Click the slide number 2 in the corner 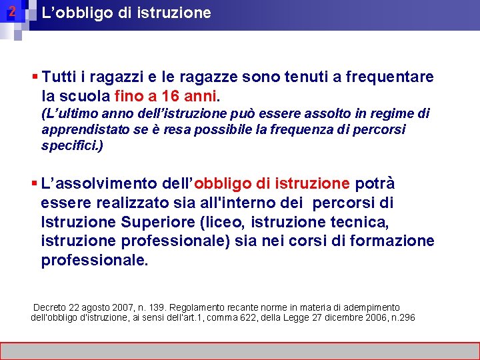(x=11, y=12)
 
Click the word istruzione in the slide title (x=178, y=13)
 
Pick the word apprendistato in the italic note (x=81, y=129)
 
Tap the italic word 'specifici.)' (x=72, y=145)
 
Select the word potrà (x=375, y=183)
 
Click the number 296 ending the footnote (x=406, y=317)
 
